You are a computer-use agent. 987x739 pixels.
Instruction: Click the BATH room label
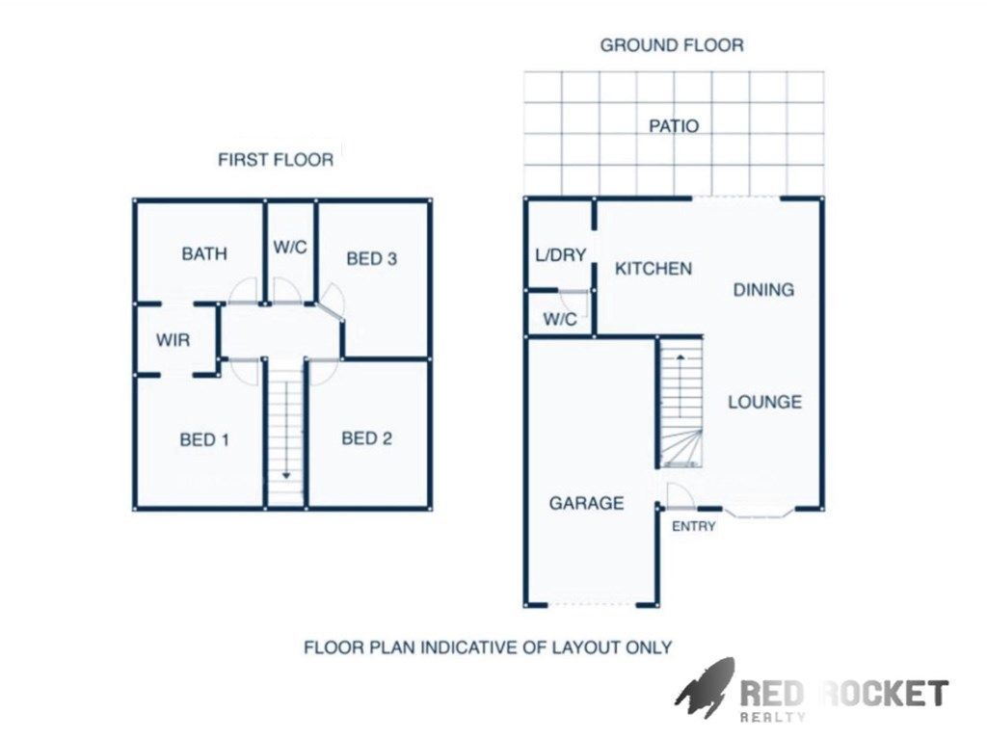(204, 253)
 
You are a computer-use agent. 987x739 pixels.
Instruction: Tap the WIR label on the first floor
(173, 340)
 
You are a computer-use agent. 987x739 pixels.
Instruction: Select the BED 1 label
(204, 439)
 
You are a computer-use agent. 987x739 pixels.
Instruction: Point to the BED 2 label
(366, 438)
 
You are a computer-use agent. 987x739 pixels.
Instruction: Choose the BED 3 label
(371, 259)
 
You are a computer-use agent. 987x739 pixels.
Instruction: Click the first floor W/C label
(290, 248)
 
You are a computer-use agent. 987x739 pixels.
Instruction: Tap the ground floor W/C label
(560, 320)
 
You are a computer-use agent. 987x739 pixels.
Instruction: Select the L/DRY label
(560, 255)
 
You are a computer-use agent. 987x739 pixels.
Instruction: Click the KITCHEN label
(654, 269)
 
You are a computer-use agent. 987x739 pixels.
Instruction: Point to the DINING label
(763, 290)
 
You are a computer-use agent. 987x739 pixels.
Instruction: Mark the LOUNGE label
(764, 402)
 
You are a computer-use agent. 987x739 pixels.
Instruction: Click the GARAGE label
(586, 503)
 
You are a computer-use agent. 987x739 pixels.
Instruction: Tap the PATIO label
(674, 126)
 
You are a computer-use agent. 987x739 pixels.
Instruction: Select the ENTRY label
(694, 526)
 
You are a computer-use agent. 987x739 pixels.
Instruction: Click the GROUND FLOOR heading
(672, 45)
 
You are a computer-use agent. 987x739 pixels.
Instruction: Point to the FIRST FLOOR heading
(276, 160)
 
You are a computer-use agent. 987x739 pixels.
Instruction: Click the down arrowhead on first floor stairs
(285, 476)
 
